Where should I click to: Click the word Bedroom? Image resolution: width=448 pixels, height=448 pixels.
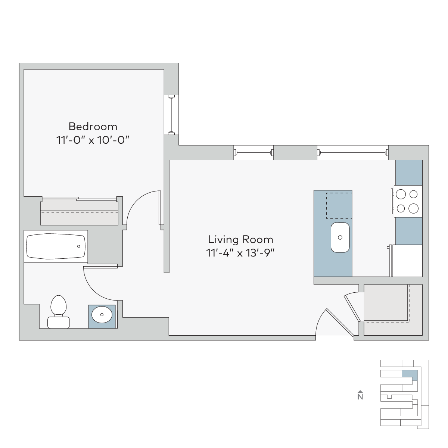[93, 127]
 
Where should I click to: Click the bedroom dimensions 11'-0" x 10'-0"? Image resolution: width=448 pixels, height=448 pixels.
[93, 140]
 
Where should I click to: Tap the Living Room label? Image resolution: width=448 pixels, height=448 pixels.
[240, 239]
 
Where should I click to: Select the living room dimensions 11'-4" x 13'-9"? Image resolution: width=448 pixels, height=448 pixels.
[240, 253]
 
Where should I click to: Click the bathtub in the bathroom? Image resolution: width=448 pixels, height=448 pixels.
[56, 246]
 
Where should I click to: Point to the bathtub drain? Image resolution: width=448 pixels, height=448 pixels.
[78, 246]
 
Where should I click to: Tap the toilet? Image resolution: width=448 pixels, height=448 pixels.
[59, 312]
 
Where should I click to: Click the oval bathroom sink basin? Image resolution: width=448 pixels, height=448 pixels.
[102, 315]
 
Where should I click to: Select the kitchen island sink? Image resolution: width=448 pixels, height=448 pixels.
[340, 237]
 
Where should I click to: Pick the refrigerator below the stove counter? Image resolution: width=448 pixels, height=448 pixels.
[407, 261]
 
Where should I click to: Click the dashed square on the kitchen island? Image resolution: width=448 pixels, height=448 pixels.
[339, 205]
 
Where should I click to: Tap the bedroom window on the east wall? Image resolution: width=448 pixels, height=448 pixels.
[171, 115]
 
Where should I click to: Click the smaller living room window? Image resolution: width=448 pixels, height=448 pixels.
[253, 153]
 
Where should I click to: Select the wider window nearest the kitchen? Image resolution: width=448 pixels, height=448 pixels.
[353, 153]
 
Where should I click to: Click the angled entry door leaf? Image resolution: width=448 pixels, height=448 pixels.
[340, 322]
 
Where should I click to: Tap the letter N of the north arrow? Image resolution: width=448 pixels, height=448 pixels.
[360, 396]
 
